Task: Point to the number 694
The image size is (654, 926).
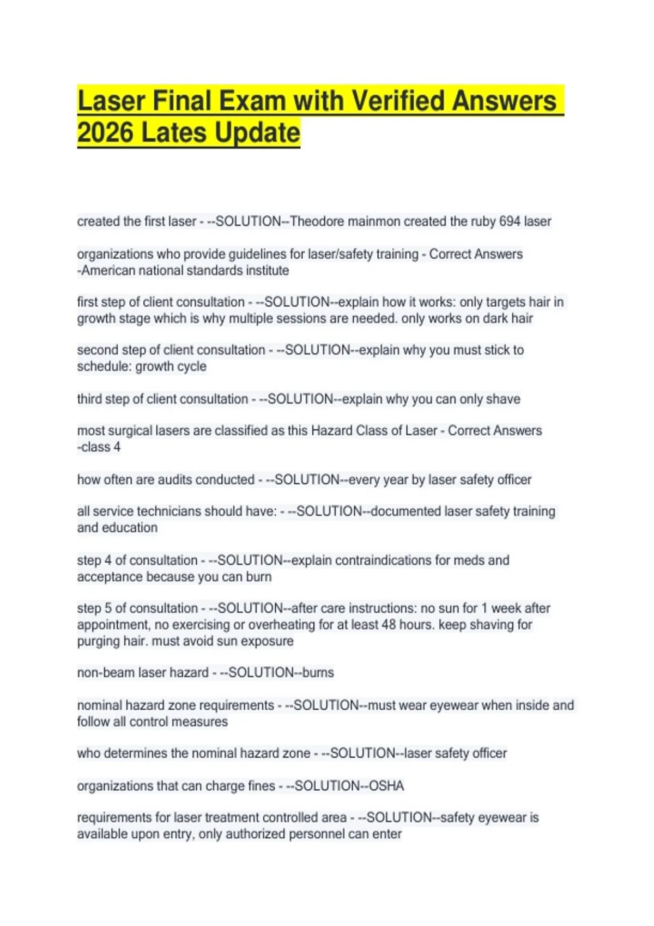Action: tap(510, 222)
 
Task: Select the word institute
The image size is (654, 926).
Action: tap(267, 271)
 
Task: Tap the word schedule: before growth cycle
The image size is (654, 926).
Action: tap(104, 367)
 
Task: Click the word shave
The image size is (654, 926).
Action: tap(504, 399)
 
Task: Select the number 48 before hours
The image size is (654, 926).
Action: tap(389, 625)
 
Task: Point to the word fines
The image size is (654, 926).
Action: tap(261, 786)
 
